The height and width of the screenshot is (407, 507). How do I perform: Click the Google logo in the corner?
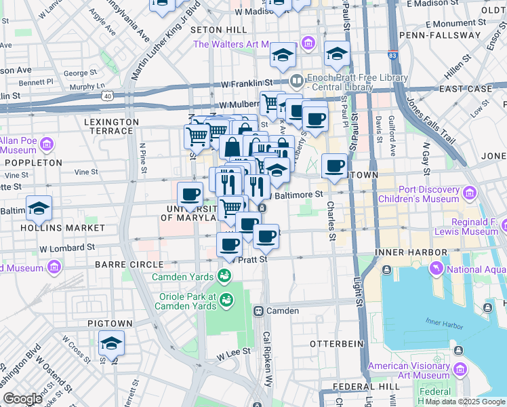click(x=22, y=399)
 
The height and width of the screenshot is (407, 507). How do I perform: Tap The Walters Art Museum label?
click(x=247, y=45)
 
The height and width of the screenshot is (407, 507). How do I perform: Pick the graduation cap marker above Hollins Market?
click(x=39, y=209)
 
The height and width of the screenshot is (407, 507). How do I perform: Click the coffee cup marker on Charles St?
click(x=333, y=166)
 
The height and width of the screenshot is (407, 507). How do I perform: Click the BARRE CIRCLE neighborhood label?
click(x=129, y=264)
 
